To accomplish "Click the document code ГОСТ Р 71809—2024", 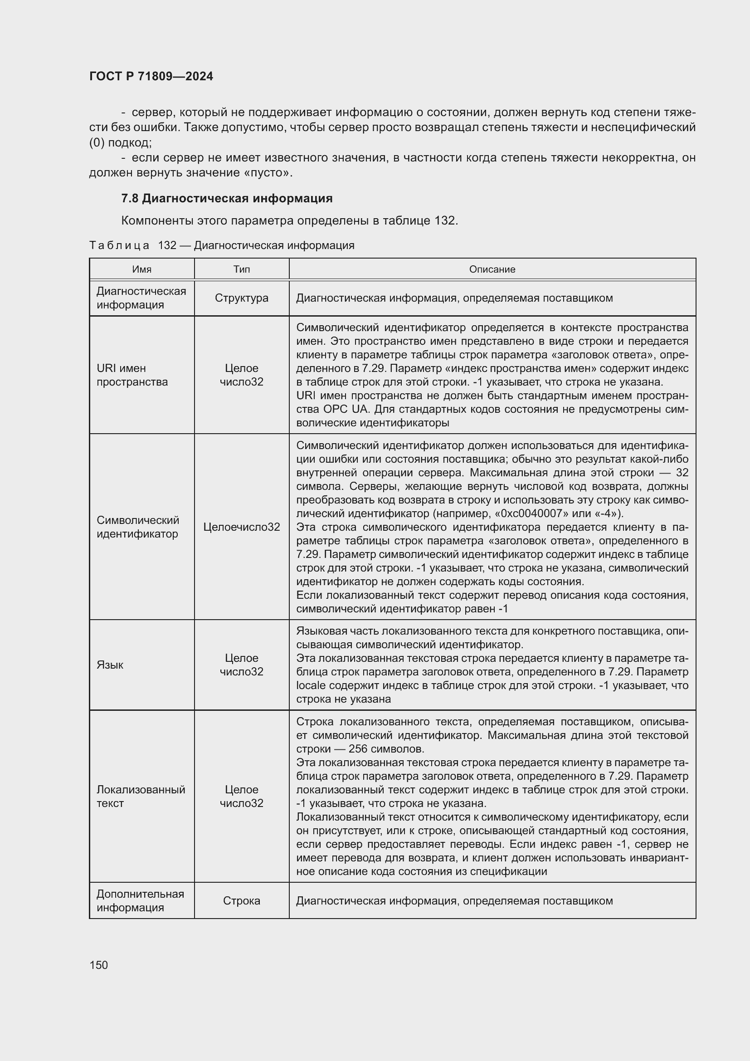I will tap(151, 77).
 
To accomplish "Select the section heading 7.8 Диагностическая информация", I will tap(227, 199).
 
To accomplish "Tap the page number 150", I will tap(98, 965).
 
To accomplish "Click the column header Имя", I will tap(142, 269).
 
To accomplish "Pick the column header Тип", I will tap(242, 269).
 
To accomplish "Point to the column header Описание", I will tap(492, 269).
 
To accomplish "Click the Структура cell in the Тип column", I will tap(242, 298).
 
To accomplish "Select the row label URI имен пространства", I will tap(132, 375).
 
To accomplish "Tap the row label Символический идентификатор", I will tap(138, 527).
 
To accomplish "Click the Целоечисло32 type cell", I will tap(242, 527).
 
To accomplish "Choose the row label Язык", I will tap(110, 665).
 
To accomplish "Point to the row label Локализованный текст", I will tap(141, 796).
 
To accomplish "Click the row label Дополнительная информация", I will tap(141, 901).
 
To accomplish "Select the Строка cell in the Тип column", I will tap(242, 901).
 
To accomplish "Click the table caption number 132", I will tap(167, 245).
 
